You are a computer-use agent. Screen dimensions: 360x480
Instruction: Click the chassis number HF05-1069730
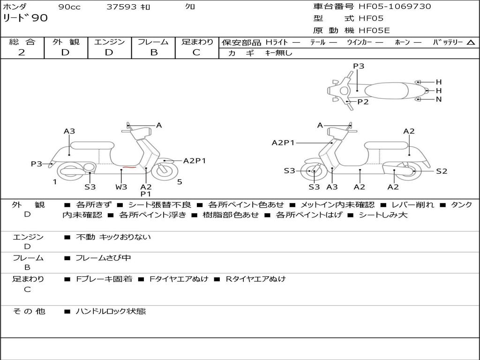point(395,7)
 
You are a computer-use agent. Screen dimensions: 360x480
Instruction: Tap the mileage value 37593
point(121,7)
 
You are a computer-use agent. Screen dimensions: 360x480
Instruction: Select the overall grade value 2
point(22,52)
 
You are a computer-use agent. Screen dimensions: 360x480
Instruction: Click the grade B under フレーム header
point(153,52)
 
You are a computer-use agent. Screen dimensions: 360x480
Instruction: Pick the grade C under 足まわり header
point(196,52)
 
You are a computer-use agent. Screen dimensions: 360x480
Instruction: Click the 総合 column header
point(22,42)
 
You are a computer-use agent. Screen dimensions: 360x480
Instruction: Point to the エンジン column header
point(109,42)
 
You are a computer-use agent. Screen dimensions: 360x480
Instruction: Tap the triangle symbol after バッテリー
point(471,43)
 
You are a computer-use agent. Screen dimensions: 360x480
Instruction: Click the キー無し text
point(279,53)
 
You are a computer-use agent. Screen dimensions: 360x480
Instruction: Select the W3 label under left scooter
point(121,187)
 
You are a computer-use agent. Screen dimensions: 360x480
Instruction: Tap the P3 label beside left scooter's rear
point(37,164)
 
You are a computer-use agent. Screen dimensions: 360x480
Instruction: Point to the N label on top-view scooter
point(439,99)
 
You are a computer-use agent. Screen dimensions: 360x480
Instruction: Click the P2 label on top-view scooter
point(363,102)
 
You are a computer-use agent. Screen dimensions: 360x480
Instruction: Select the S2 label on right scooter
point(442,171)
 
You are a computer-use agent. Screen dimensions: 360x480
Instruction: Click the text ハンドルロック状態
point(111,311)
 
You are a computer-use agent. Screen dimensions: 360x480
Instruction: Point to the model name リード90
point(25,18)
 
